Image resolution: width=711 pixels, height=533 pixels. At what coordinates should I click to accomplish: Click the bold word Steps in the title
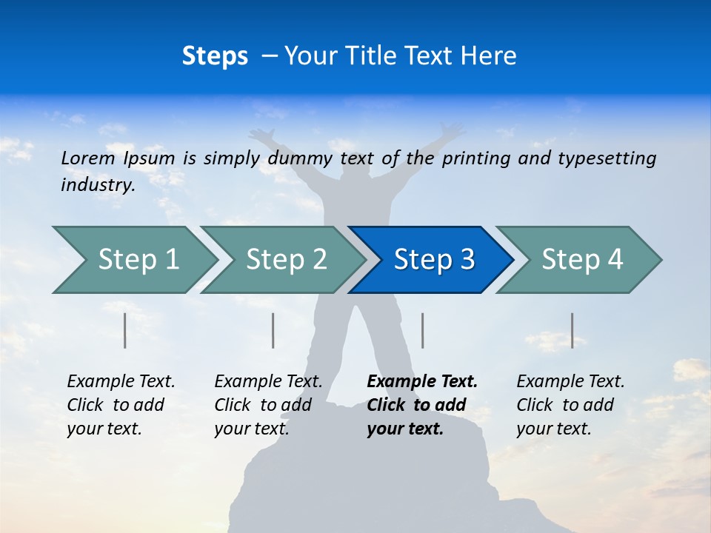pos(215,56)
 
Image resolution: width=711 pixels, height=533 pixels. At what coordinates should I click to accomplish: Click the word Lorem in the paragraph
pos(88,158)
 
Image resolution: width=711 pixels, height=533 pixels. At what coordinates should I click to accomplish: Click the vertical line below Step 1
pos(125,330)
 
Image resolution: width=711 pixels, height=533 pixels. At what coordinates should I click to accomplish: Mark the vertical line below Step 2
pos(273,330)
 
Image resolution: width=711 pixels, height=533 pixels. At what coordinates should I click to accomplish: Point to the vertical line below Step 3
pos(423,330)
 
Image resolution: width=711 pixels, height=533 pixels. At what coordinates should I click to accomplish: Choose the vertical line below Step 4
pos(573,330)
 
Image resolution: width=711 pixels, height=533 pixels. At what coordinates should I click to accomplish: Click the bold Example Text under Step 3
pos(422,382)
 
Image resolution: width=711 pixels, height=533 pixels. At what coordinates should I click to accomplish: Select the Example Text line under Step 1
pos(121,382)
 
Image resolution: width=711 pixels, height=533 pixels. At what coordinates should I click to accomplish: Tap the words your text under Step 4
pos(553,429)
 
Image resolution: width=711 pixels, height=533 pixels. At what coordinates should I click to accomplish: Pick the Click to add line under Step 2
pos(263,405)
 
